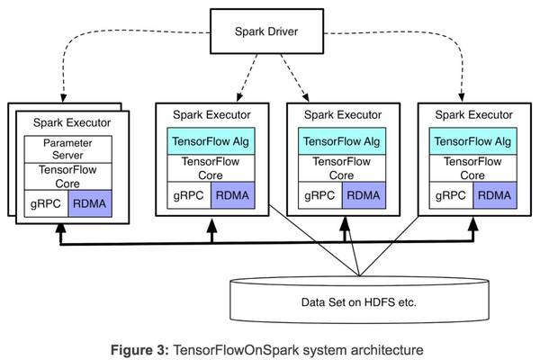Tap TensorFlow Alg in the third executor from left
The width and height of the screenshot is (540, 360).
340,141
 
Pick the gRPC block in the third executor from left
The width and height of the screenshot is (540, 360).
319,193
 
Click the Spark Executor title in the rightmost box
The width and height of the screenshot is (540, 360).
471,115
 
